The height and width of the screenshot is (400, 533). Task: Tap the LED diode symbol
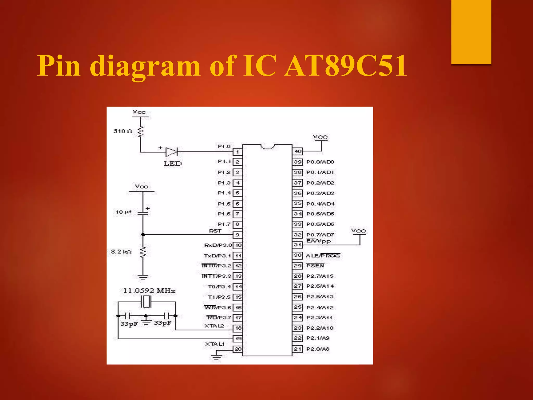click(172, 152)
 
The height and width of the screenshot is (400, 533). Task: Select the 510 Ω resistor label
click(123, 131)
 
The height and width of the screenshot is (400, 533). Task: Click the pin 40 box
click(297, 151)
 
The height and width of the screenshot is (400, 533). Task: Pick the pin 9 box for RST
click(237, 235)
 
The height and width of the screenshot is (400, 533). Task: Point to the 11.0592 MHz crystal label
click(149, 291)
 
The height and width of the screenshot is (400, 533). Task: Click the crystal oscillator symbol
click(146, 302)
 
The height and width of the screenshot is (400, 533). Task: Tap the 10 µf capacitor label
click(123, 212)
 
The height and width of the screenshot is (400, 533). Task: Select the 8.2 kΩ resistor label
click(121, 252)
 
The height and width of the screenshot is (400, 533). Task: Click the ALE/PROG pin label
click(323, 256)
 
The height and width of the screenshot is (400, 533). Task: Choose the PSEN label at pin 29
click(315, 266)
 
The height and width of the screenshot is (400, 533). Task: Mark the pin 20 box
click(238, 349)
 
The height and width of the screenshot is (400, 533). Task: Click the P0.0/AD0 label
click(320, 162)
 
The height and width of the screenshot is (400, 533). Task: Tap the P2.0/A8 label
click(318, 349)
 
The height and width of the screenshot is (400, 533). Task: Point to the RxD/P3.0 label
click(218, 245)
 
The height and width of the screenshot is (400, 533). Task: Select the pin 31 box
click(297, 245)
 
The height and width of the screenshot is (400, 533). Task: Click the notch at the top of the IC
click(267, 147)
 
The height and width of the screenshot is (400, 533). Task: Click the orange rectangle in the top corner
click(471, 32)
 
